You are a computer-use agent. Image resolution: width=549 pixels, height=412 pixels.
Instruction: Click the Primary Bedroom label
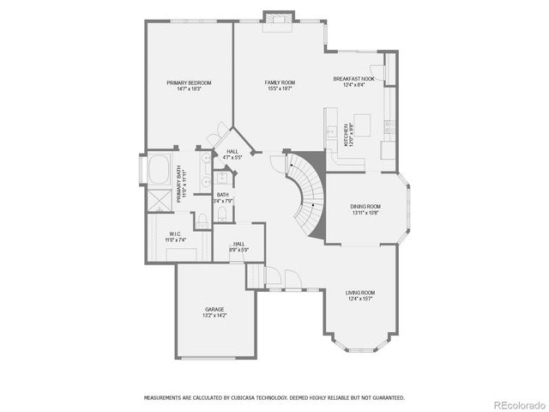click(189, 85)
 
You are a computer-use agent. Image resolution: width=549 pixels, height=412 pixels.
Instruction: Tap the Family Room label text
click(281, 85)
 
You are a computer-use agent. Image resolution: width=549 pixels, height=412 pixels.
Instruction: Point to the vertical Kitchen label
click(348, 136)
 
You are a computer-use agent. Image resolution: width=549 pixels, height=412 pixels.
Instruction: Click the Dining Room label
click(365, 209)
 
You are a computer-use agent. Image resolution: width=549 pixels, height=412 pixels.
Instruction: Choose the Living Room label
click(360, 295)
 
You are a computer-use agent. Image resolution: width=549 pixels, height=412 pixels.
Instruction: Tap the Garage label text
click(214, 312)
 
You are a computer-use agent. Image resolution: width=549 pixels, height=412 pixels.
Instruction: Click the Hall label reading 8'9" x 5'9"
click(238, 247)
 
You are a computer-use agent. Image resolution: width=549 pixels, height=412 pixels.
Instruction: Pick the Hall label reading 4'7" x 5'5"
click(232, 154)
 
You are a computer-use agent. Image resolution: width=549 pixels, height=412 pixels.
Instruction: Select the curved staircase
click(306, 193)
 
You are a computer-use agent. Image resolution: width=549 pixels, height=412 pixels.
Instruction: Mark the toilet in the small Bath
click(201, 221)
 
